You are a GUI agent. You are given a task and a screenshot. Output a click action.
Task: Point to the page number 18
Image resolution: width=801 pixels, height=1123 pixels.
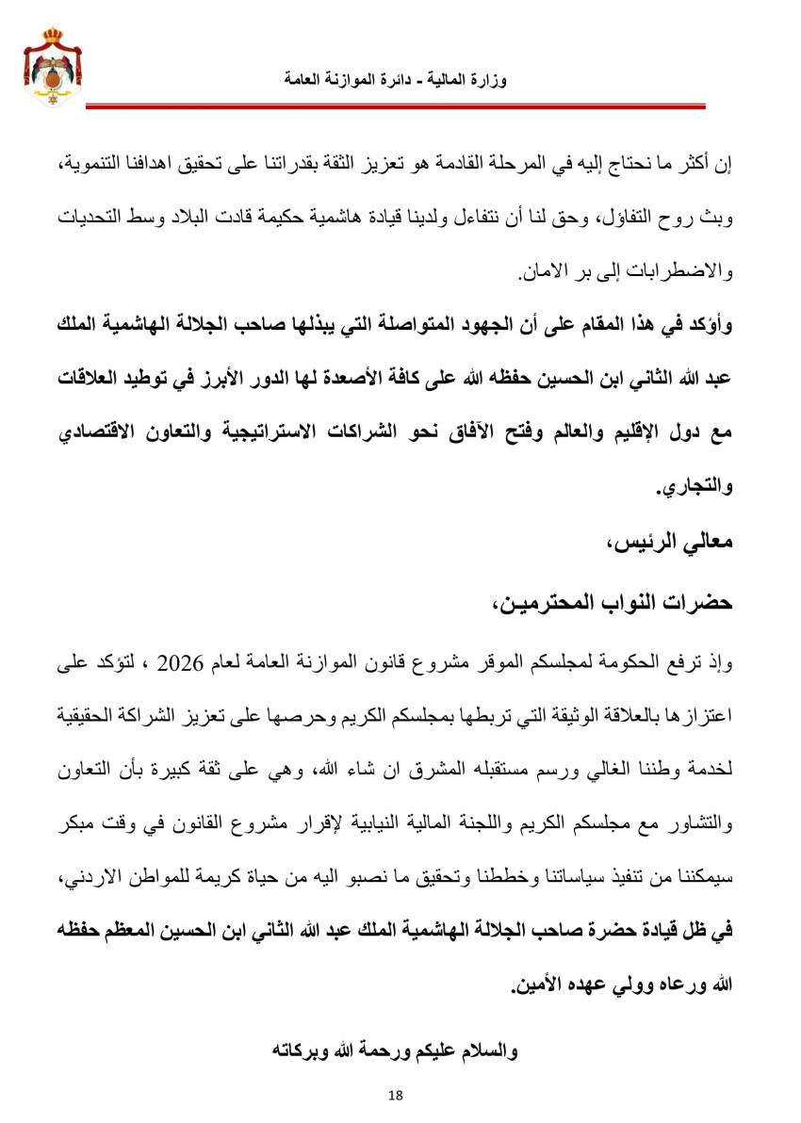pyautogui.click(x=395, y=1094)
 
